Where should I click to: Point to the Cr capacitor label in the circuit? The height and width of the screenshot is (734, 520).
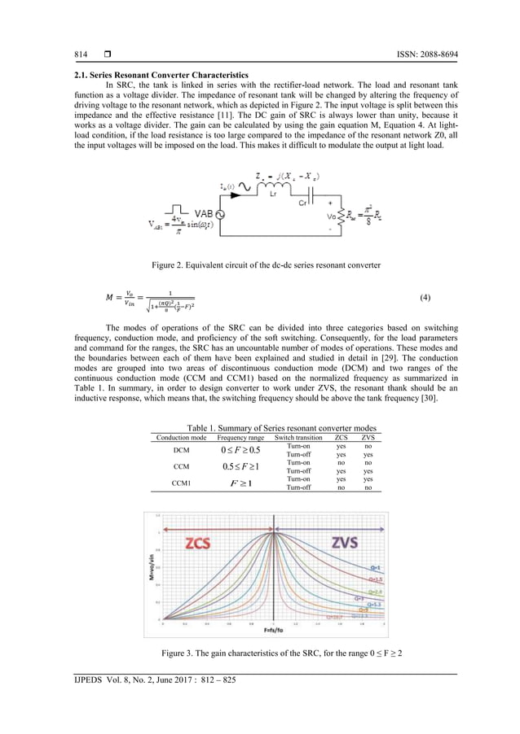[302, 203]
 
